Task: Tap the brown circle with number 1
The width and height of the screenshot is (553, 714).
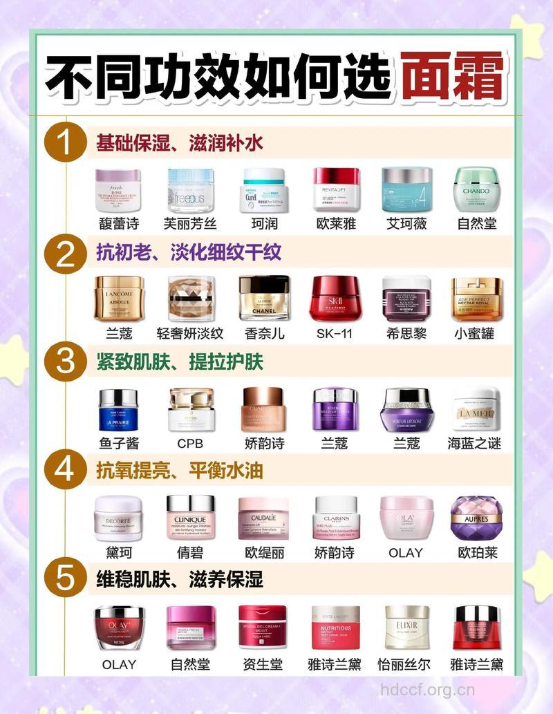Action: (64, 144)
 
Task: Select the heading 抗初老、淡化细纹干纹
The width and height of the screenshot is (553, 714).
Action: (188, 252)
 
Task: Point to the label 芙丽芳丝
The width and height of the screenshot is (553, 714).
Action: (190, 223)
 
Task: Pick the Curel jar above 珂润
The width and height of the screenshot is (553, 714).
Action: (264, 191)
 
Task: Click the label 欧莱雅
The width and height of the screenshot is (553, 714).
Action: (335, 223)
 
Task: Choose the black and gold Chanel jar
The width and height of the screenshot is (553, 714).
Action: (264, 299)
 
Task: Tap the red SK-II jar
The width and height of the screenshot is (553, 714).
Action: (335, 299)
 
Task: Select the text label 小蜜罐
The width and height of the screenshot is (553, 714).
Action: (477, 333)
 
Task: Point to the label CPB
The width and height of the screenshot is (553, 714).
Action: (190, 443)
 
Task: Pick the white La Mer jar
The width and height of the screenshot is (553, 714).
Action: (476, 409)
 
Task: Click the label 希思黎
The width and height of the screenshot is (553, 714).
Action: (406, 333)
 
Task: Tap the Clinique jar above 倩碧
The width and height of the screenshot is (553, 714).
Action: (190, 518)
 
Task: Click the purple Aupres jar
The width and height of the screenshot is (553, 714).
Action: (476, 518)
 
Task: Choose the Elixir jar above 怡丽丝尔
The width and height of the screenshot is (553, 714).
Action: (406, 628)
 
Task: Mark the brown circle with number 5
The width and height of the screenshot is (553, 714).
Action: (64, 579)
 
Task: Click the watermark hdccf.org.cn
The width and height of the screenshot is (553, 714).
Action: (428, 689)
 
